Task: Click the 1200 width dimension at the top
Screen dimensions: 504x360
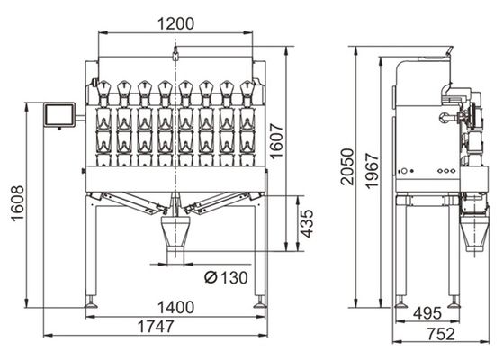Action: tap(175, 23)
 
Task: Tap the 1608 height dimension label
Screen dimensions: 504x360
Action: tap(18, 203)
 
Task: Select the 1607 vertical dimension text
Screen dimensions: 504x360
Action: tap(276, 140)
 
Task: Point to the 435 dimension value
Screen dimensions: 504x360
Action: tap(306, 223)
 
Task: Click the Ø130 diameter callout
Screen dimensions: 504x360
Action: tap(226, 277)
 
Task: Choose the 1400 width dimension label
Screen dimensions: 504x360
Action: tap(175, 307)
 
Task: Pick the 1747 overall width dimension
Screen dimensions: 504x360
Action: tap(156, 326)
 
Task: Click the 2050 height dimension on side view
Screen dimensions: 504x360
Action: tap(347, 166)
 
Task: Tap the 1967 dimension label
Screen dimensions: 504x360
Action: tap(373, 171)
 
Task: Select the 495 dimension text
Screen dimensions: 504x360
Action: tap(427, 313)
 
